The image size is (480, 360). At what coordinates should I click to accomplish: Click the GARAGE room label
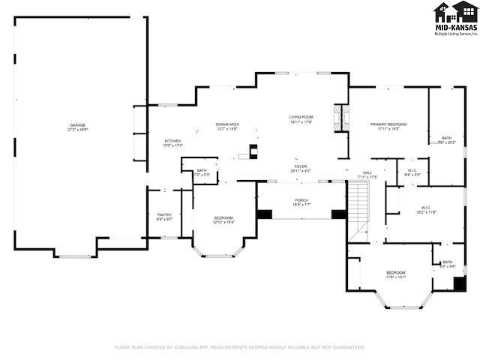[x=77, y=125]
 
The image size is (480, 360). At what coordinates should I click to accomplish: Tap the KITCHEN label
[x=172, y=141]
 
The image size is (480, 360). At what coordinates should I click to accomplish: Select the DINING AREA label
[x=227, y=124]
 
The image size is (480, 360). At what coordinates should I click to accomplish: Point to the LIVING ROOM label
[x=301, y=117]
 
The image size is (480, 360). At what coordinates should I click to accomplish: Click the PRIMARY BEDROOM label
[x=388, y=124]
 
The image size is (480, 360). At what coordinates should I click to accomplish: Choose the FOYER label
[x=301, y=166]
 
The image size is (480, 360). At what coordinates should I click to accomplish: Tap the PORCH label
[x=301, y=199]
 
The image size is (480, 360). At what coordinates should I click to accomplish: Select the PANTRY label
[x=164, y=214]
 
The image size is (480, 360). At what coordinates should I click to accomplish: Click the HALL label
[x=367, y=172]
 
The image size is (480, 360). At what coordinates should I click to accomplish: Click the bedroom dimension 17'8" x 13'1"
[x=396, y=277]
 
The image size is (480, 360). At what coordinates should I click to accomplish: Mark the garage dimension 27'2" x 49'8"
[x=77, y=130]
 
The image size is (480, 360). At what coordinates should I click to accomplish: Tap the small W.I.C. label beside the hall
[x=412, y=170]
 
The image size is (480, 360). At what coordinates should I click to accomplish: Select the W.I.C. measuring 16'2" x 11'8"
[x=426, y=212]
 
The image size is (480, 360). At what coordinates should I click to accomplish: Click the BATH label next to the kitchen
[x=202, y=170]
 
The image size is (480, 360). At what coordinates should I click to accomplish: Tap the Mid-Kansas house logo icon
[x=452, y=12]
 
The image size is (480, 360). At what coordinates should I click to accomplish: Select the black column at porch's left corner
[x=264, y=214]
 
